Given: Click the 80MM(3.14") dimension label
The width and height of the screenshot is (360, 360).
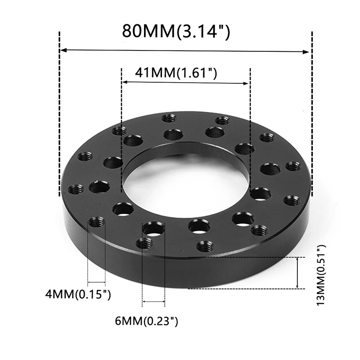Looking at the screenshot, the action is point(176,31).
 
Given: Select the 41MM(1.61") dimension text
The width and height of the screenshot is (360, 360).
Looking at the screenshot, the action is point(176,73).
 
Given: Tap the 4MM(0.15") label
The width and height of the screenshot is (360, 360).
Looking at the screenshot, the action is point(78,294).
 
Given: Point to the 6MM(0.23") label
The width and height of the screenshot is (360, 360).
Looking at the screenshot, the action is point(147,321).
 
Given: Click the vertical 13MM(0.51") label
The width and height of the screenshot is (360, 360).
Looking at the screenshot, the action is point(321,275).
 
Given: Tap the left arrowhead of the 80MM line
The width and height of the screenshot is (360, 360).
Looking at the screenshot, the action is point(63,50).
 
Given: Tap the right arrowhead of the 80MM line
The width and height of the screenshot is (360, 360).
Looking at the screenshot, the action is point(306,52).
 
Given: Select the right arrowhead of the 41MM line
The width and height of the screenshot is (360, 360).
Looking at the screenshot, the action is point(246,83).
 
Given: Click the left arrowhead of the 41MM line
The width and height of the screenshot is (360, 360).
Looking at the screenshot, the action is point(125,82).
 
